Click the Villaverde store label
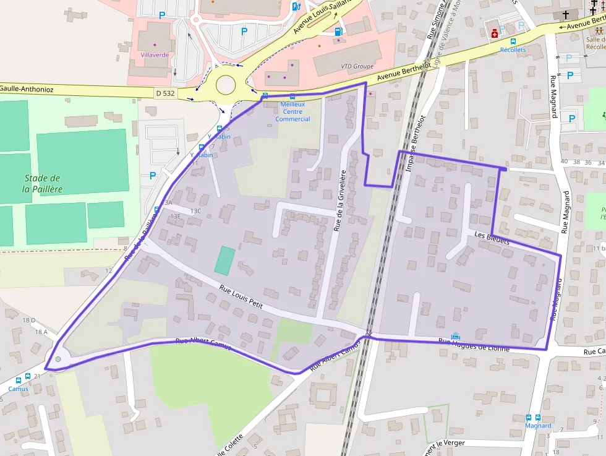pyautogui.click(x=155, y=55)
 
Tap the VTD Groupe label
pyautogui.click(x=358, y=66)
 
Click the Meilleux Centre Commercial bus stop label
pyautogui.click(x=292, y=111)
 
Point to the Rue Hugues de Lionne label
pyautogui.click(x=474, y=345)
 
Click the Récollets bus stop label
pyautogui.click(x=513, y=49)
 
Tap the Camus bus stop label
pyautogui.click(x=18, y=389)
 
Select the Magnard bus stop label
pyautogui.click(x=537, y=426)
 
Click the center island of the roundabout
pyautogui.click(x=226, y=84)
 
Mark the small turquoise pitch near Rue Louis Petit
pyautogui.click(x=225, y=260)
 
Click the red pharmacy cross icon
pyautogui.click(x=495, y=34)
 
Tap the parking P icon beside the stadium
pyautogui.click(x=153, y=176)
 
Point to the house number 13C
pyautogui.click(x=196, y=211)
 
